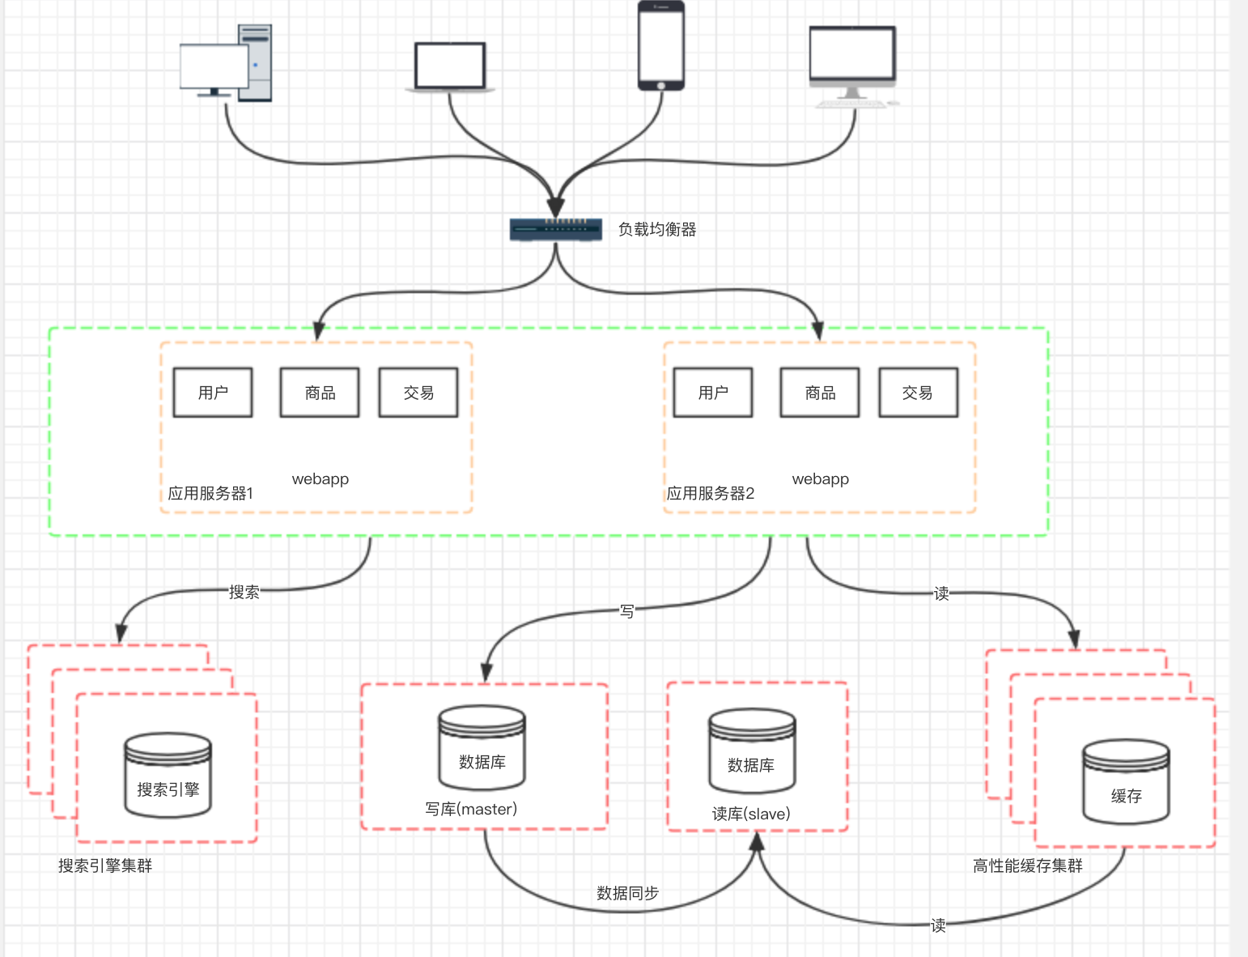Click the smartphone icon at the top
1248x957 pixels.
click(x=661, y=45)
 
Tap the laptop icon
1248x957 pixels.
click(x=450, y=67)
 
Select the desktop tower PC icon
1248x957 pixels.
click(x=227, y=63)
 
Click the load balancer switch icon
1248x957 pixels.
click(x=555, y=230)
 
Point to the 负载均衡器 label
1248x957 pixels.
click(x=657, y=230)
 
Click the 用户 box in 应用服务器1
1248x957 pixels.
click(x=213, y=393)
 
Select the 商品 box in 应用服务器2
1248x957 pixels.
click(x=820, y=393)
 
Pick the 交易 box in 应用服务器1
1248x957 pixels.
click(x=418, y=393)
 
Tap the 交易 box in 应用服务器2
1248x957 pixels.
click(x=918, y=393)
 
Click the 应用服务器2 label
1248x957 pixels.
click(x=711, y=493)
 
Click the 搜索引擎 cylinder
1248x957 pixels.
click(x=168, y=775)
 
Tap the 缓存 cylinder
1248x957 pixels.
click(x=1126, y=781)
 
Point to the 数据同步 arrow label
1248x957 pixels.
click(x=627, y=893)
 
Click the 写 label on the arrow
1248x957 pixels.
click(x=627, y=611)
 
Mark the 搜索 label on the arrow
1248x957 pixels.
click(x=244, y=592)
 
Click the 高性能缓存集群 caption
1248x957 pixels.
click(x=1027, y=866)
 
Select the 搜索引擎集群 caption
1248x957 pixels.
click(x=105, y=866)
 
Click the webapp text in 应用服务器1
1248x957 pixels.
click(x=320, y=478)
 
